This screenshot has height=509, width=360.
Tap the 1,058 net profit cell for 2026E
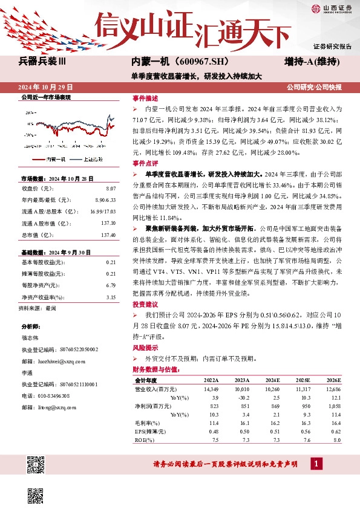pyautogui.click(x=333, y=406)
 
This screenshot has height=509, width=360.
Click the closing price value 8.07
pyautogui.click(x=110, y=189)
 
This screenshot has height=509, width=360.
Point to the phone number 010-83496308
pyautogui.click(x=51, y=396)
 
